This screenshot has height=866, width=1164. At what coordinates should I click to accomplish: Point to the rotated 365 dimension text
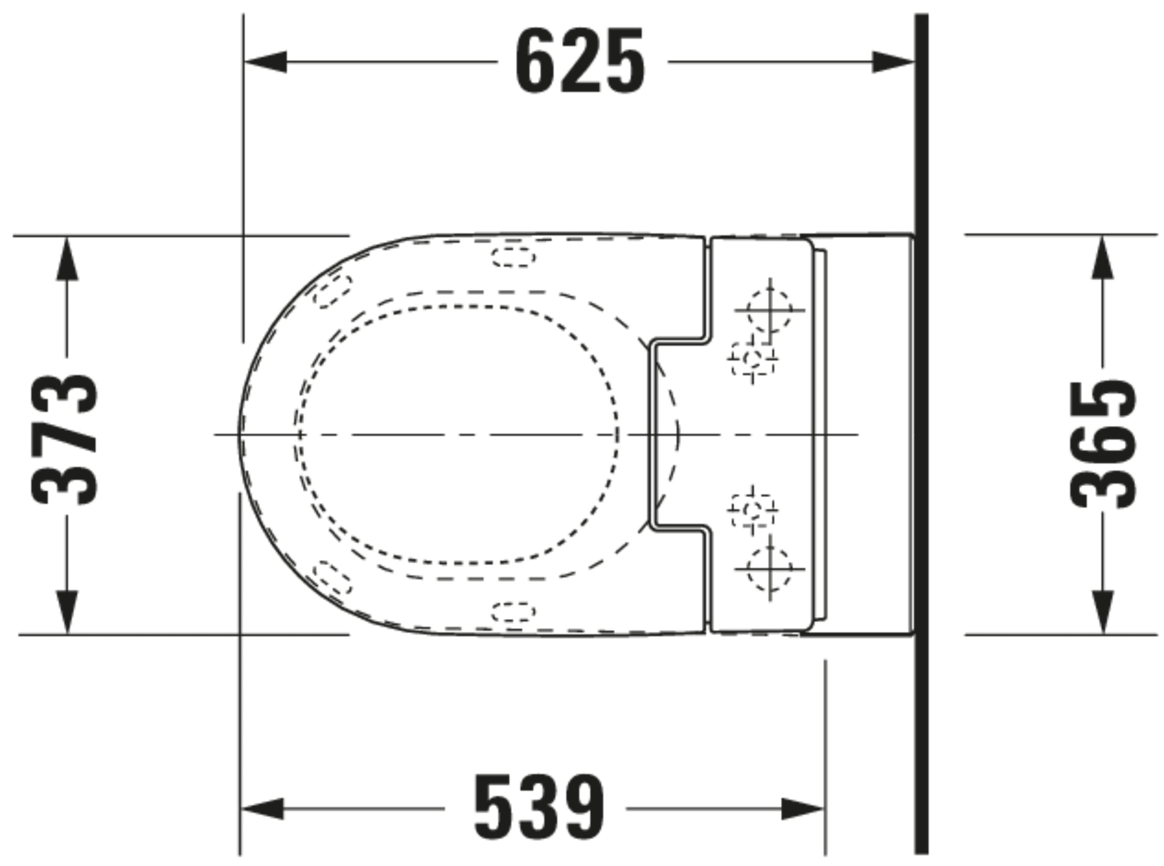coord(1102,445)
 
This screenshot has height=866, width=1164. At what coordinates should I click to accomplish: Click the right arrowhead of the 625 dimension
coord(893,62)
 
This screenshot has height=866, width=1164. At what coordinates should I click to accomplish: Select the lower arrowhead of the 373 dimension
coord(67,612)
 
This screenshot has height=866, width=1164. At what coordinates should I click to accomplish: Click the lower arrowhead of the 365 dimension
coord(1103,612)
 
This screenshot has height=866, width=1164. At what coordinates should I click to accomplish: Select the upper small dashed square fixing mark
coord(753,359)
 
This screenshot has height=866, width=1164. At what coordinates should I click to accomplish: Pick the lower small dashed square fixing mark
coord(753,509)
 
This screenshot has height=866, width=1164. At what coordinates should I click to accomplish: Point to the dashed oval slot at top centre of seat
coord(514,256)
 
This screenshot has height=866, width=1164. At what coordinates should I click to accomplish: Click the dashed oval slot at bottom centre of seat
coord(514,612)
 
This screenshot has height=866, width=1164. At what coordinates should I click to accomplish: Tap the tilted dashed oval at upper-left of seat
coord(333,291)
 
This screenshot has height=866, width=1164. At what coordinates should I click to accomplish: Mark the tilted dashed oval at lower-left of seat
coord(333,578)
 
